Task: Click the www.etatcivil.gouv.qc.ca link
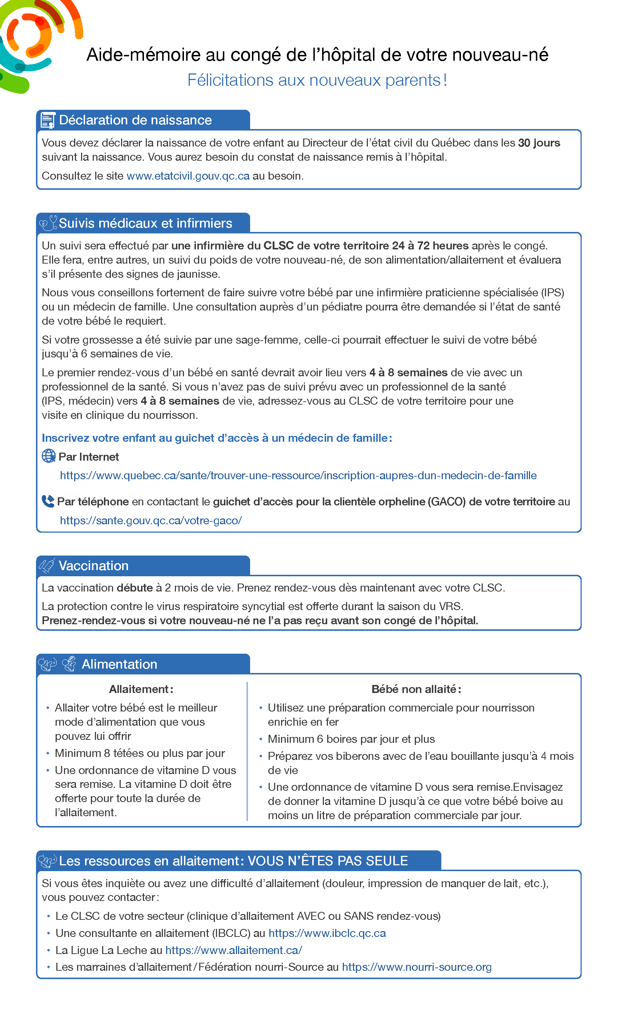tap(188, 176)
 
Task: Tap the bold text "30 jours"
tap(539, 143)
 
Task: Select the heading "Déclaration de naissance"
tap(135, 120)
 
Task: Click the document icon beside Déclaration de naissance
tap(48, 121)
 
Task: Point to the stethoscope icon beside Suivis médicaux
tap(48, 223)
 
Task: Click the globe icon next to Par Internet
tap(49, 456)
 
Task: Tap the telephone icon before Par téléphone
tap(48, 501)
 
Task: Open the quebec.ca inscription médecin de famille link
tap(298, 476)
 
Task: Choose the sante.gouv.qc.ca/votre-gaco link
tap(151, 521)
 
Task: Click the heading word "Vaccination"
tap(93, 566)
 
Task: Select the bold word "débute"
tap(135, 588)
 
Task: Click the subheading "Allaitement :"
tap(141, 689)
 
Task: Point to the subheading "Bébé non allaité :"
tap(416, 689)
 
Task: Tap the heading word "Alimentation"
tap(119, 664)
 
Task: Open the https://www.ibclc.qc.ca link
tap(327, 933)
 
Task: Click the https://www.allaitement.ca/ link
tap(233, 950)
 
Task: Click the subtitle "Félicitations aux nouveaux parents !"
tap(317, 80)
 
